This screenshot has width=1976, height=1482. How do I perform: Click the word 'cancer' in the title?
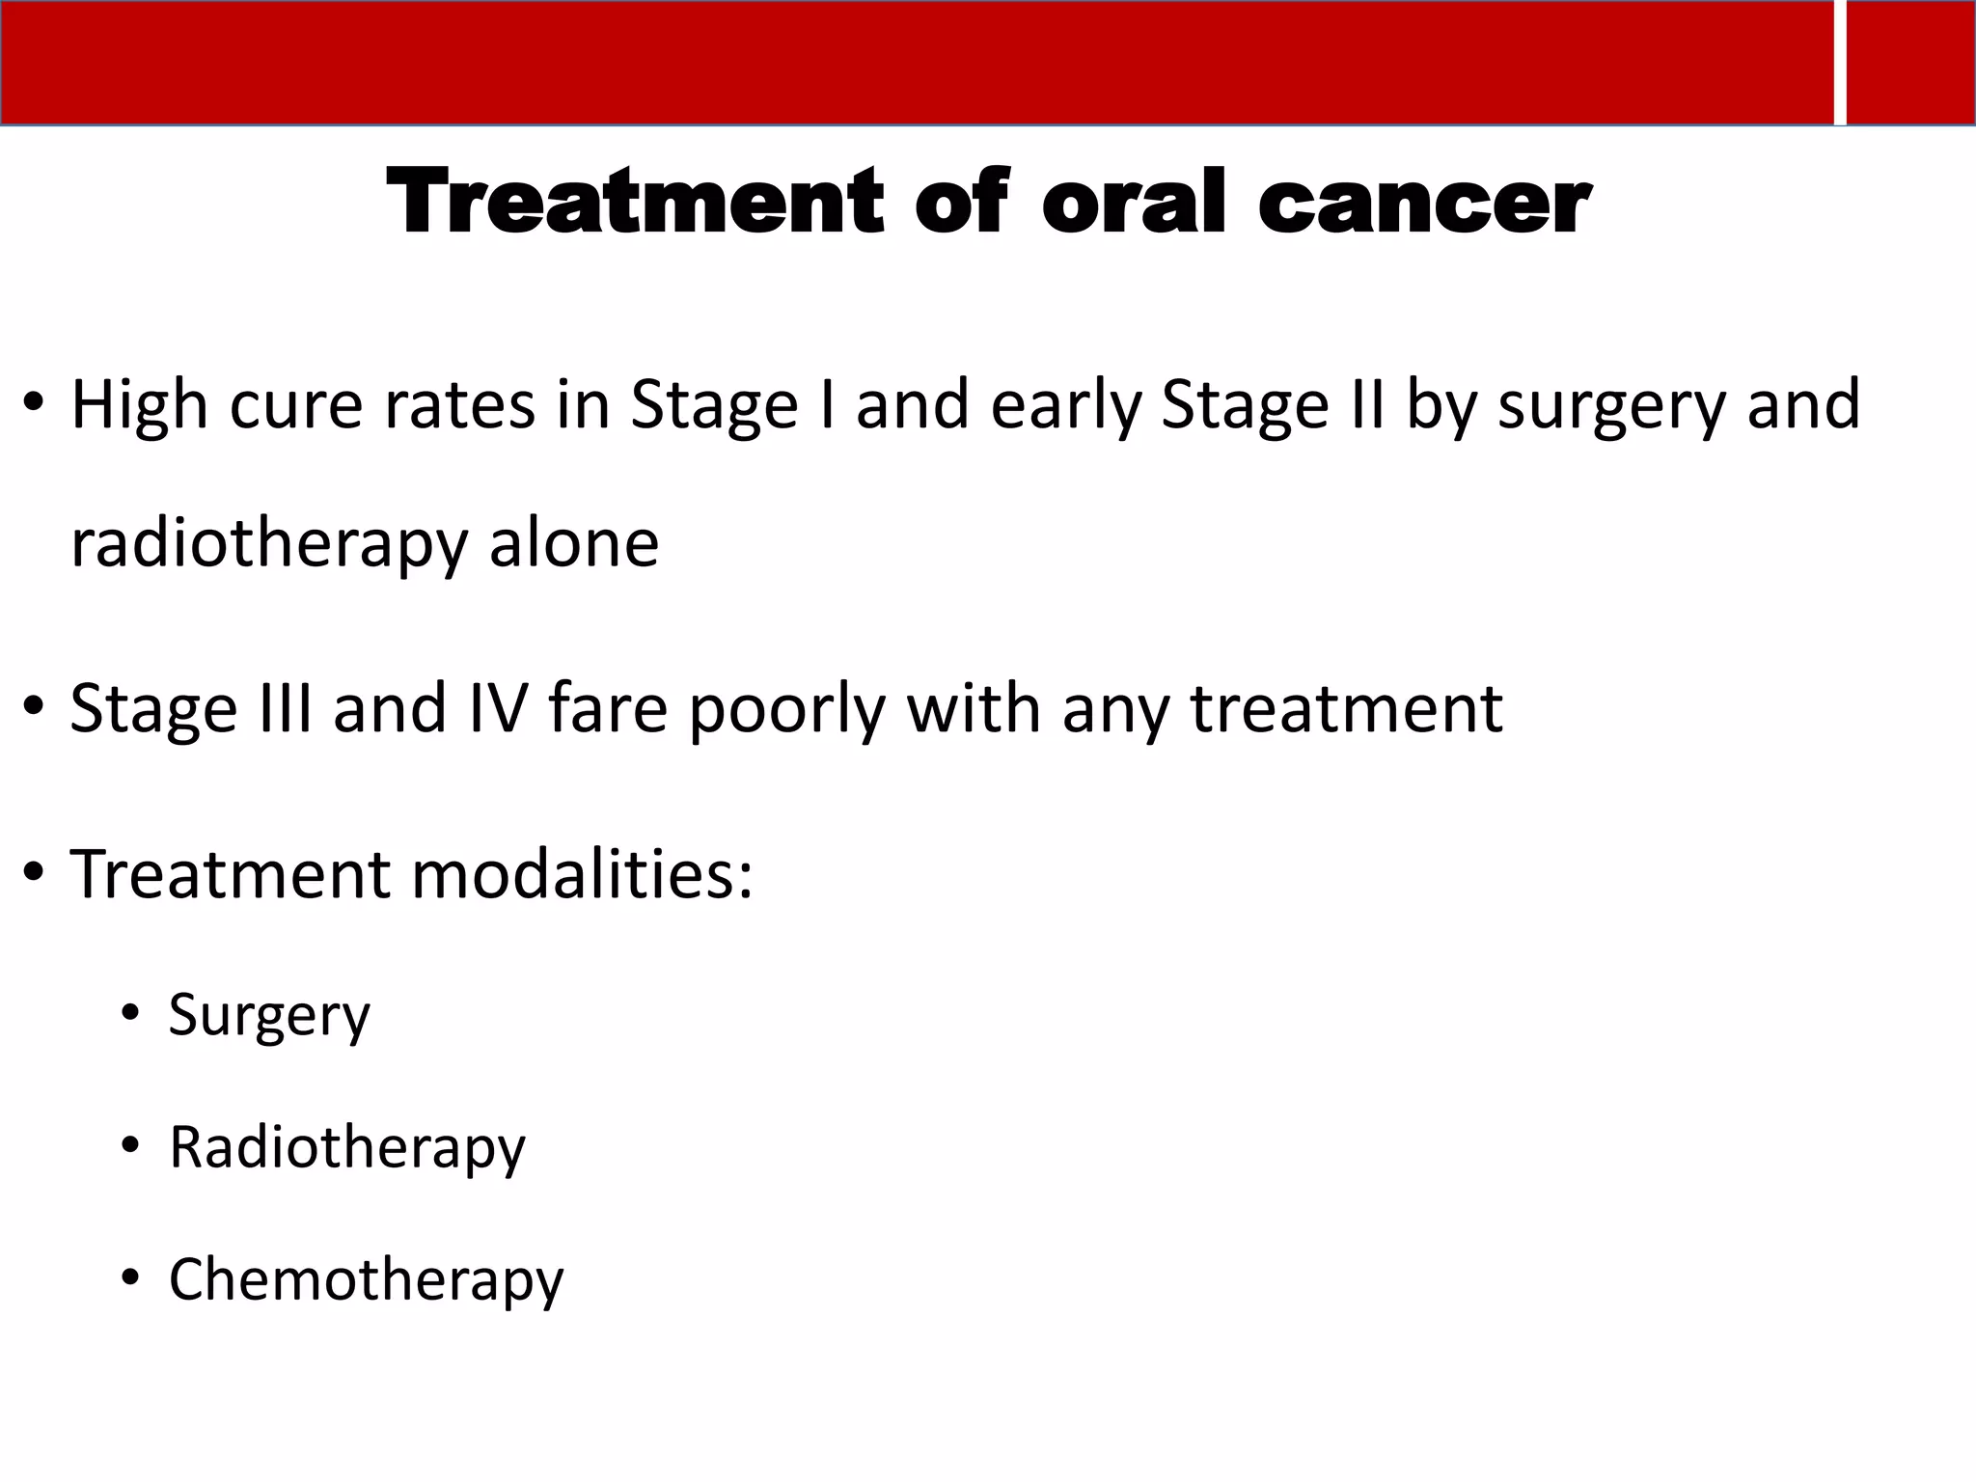coord(1424,203)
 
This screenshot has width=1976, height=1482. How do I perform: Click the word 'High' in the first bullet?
coord(139,405)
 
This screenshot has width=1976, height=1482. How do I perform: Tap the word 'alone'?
coord(574,542)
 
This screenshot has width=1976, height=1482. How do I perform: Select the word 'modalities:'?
coord(583,874)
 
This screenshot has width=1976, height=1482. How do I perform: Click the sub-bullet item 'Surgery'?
coord(269,1016)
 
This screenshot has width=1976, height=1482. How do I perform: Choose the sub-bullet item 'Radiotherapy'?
coord(347,1148)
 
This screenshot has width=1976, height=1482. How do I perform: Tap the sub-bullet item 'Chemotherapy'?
coord(366,1280)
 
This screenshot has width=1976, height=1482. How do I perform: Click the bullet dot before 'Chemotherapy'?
coord(130,1278)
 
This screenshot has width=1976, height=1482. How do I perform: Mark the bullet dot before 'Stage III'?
coord(34,708)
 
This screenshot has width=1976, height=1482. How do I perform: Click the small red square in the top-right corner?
coord(1910,63)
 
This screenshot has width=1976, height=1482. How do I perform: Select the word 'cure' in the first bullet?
coord(295,405)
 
